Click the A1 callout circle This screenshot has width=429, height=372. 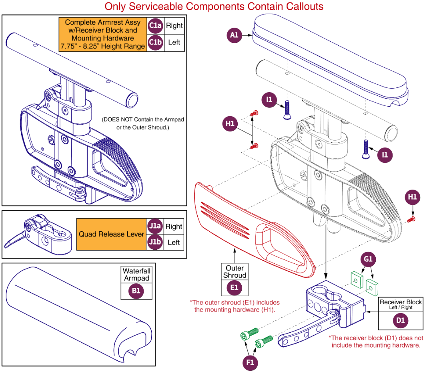(235, 35)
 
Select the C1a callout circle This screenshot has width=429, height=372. (155, 26)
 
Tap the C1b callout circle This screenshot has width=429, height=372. (155, 42)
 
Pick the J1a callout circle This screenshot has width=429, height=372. (155, 226)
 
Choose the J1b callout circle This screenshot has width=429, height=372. (155, 243)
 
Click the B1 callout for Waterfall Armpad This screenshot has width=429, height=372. (136, 291)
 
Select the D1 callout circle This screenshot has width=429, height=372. (401, 321)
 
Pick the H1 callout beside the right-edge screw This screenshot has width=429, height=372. (413, 197)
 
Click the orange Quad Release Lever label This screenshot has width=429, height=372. (111, 234)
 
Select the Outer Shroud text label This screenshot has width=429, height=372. (235, 271)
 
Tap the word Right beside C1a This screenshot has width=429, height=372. (174, 26)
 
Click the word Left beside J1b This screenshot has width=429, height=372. (174, 243)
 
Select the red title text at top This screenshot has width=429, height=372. (214, 6)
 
